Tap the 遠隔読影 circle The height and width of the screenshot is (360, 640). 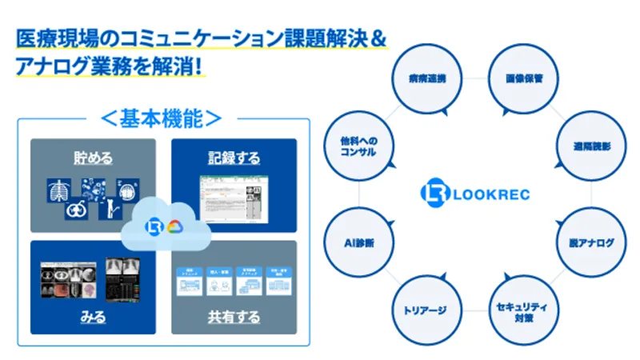tap(590, 146)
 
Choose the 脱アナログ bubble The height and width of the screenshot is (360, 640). tap(591, 242)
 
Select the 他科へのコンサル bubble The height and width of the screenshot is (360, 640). tap(357, 146)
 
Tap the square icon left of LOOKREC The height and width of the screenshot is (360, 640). tap(431, 194)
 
